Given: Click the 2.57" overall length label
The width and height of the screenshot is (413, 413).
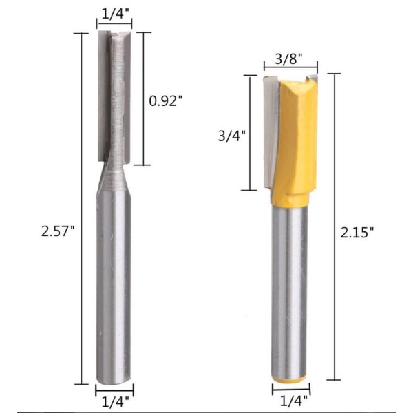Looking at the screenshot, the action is point(58,232).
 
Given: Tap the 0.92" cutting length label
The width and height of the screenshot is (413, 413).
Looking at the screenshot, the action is point(166,100).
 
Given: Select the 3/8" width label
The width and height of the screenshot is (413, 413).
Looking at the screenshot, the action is point(288,59).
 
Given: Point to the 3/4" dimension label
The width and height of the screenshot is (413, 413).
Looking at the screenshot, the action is point(232,136).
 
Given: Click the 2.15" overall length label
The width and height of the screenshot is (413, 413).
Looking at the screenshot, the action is point(357,233).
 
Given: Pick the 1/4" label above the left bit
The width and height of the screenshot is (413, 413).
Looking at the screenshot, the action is point(115,14).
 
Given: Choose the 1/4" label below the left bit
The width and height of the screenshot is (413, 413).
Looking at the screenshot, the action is point(116,402).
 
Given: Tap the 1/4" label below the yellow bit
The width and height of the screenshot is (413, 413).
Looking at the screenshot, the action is point(293,401).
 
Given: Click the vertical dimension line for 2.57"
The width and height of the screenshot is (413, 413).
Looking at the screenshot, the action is point(81,209).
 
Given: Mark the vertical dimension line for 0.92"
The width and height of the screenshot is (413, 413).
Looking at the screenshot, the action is point(144,98).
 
